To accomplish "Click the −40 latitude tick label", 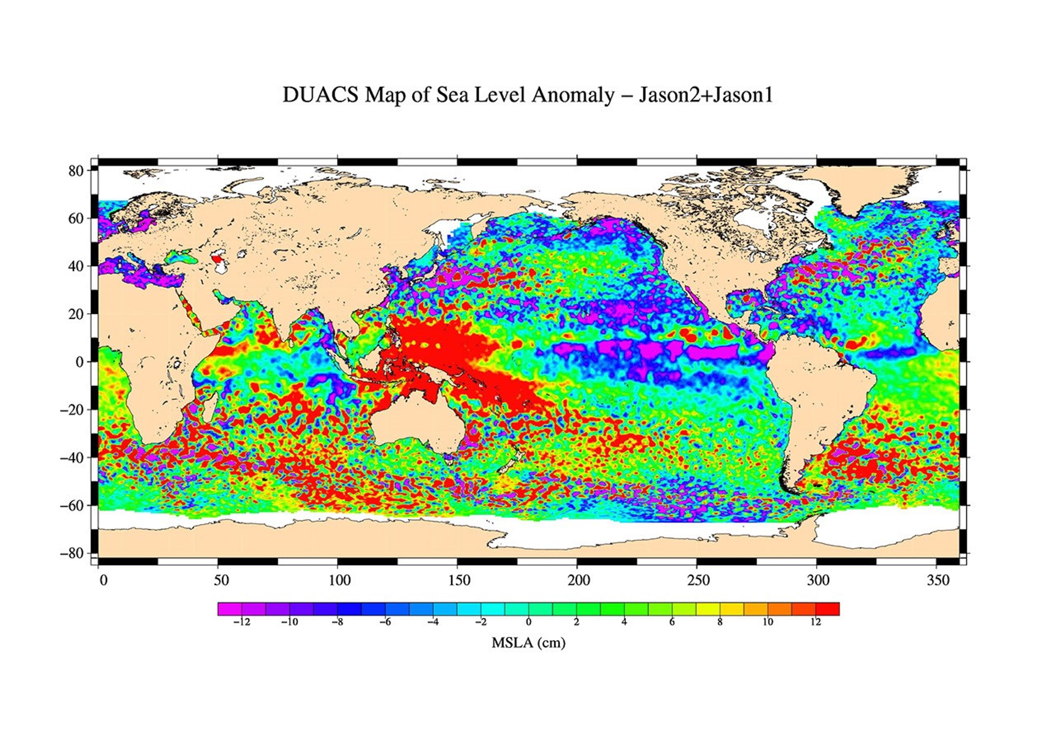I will (72, 458).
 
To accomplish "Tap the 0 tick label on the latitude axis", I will (80, 362).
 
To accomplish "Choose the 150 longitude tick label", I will (459, 581).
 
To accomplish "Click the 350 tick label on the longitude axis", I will (938, 581).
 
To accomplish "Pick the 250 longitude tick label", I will (698, 581).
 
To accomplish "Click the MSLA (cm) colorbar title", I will (528, 642).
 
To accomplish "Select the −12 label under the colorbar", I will (242, 622).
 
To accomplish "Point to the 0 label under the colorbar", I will (528, 622).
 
